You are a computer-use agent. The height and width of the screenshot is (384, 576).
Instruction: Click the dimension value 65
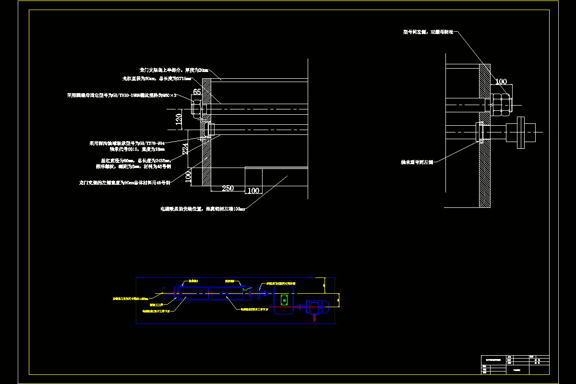tap(197, 92)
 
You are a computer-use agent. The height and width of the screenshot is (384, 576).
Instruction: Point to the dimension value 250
tap(228, 188)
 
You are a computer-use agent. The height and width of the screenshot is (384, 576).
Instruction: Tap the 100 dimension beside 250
tap(253, 191)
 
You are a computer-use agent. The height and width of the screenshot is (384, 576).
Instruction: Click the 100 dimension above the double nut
tap(501, 82)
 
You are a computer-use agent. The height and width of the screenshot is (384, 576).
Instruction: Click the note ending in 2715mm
tap(157, 78)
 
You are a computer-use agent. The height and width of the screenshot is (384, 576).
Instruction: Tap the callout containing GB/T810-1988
tap(122, 96)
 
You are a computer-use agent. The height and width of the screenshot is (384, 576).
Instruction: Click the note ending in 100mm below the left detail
tap(203, 209)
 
